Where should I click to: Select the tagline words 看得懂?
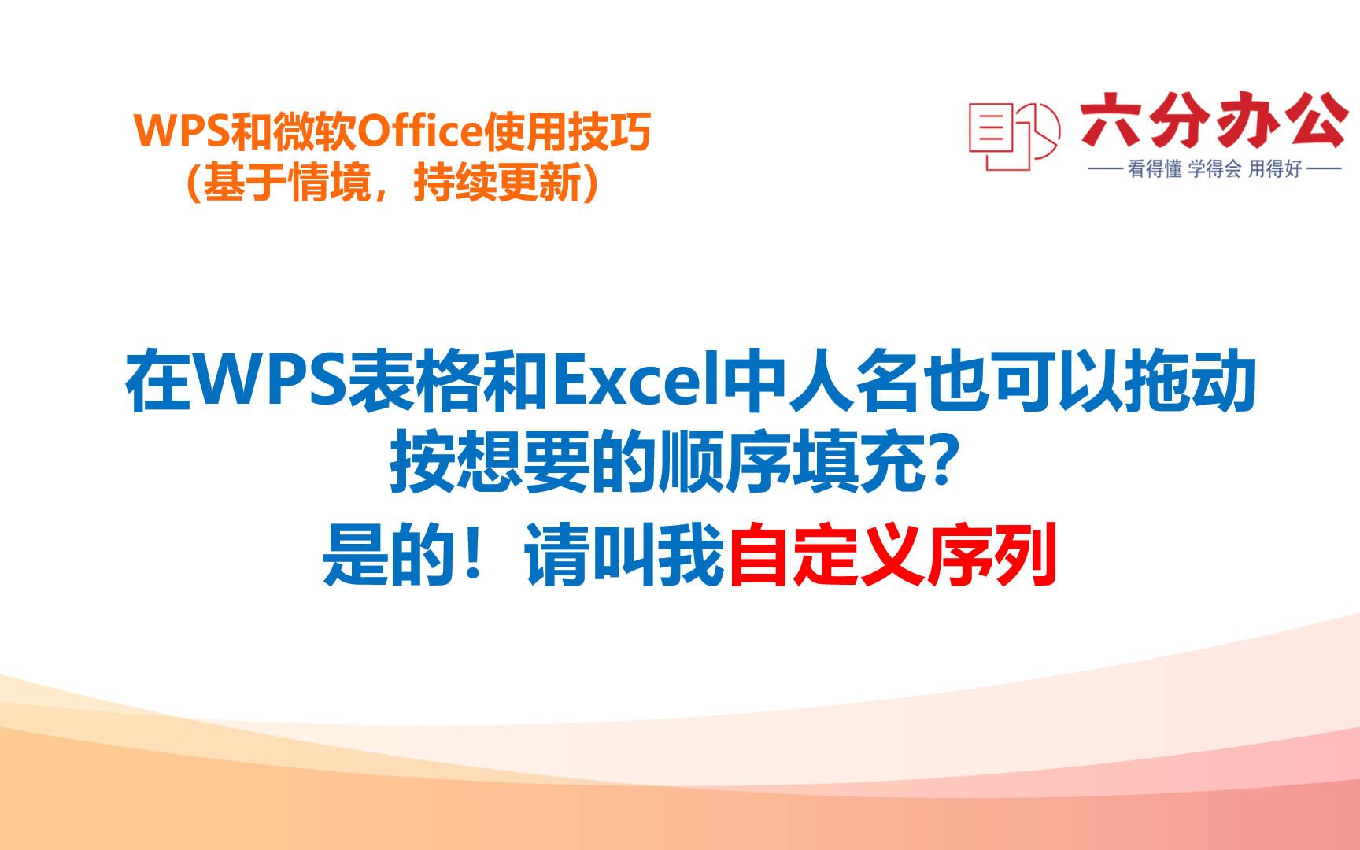[x=1155, y=168]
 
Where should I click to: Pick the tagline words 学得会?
[x=1214, y=168]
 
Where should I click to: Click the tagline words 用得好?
[x=1275, y=168]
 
